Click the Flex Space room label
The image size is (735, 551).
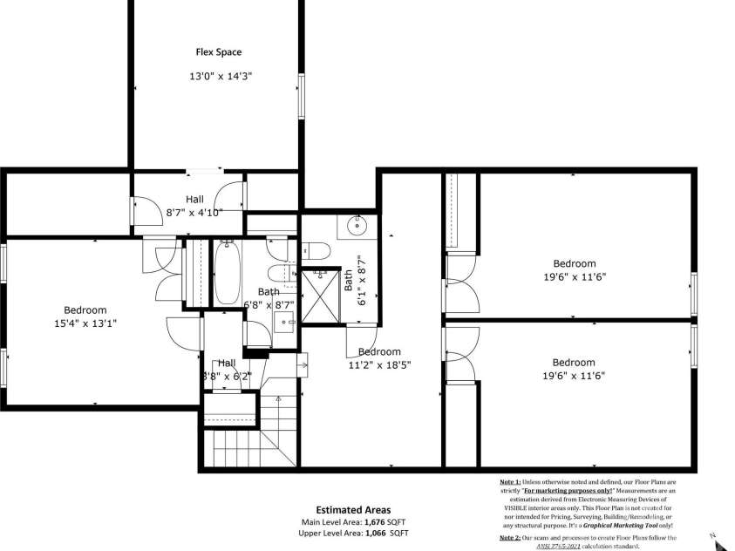pyautogui.click(x=218, y=52)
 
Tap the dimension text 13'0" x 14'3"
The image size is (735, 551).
pyautogui.click(x=221, y=77)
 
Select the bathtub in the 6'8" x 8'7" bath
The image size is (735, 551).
pyautogui.click(x=228, y=273)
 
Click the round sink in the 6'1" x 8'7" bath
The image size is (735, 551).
pyautogui.click(x=357, y=226)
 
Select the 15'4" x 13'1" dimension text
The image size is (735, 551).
pyautogui.click(x=85, y=323)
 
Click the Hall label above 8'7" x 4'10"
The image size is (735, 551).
pyautogui.click(x=194, y=200)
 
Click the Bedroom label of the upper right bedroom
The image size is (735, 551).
pyautogui.click(x=575, y=263)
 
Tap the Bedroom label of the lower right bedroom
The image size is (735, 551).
pyautogui.click(x=575, y=363)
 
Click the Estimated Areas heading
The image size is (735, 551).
pyautogui.click(x=353, y=510)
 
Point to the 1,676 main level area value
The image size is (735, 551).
pyautogui.click(x=375, y=521)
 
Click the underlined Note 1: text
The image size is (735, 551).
pyautogui.click(x=510, y=481)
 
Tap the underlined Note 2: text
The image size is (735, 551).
pyautogui.click(x=510, y=539)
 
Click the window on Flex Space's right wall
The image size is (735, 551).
pyautogui.click(x=301, y=96)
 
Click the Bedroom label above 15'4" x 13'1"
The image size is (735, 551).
pyautogui.click(x=85, y=310)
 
